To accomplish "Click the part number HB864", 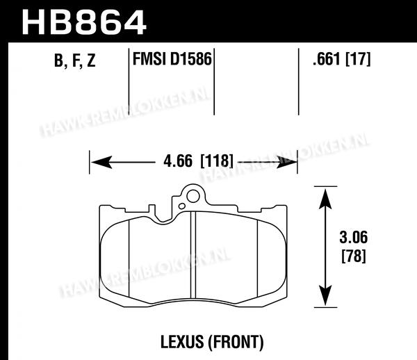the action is [84, 22].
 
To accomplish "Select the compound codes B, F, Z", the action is [75, 60].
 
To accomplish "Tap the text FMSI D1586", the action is [172, 58].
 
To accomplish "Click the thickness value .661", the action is [327, 59].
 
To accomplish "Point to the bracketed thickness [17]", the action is [358, 59].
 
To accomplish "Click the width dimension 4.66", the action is [178, 161].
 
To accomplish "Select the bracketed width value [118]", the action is [216, 161].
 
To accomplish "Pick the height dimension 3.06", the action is [354, 237].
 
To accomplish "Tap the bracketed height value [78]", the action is [354, 256].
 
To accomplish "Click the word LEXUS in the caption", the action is [182, 342].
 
